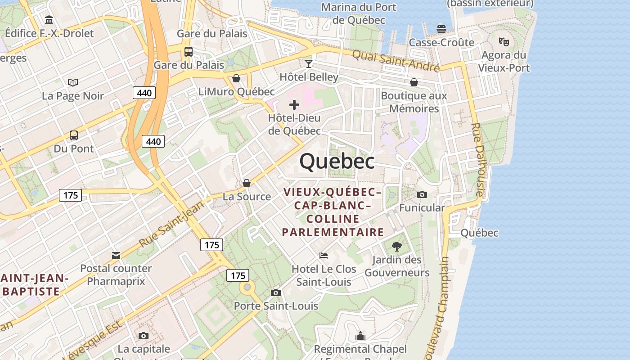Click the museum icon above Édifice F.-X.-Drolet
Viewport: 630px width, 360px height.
point(49,20)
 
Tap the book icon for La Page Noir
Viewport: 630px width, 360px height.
point(73,82)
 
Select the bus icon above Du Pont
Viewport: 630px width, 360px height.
point(73,135)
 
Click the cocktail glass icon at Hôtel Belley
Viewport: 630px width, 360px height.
point(309,63)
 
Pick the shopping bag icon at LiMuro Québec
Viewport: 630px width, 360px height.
point(236,79)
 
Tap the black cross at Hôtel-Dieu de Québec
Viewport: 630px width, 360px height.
point(294,105)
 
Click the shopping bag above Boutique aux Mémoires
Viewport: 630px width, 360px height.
point(414,82)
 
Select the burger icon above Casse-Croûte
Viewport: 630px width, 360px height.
point(441,29)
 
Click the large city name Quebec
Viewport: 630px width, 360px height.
point(337,161)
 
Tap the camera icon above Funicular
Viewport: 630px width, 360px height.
point(422,194)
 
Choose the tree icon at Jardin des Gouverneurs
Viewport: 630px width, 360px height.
point(396,246)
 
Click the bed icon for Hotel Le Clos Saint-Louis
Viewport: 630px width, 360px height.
point(324,256)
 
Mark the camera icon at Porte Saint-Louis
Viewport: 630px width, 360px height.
point(276,293)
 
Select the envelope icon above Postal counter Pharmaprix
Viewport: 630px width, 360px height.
point(116,255)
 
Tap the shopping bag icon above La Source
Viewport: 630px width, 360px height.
point(247,183)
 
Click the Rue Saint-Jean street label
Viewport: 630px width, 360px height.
point(171,224)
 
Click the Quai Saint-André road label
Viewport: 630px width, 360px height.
point(396,60)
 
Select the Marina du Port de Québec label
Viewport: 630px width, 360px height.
point(359,13)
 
